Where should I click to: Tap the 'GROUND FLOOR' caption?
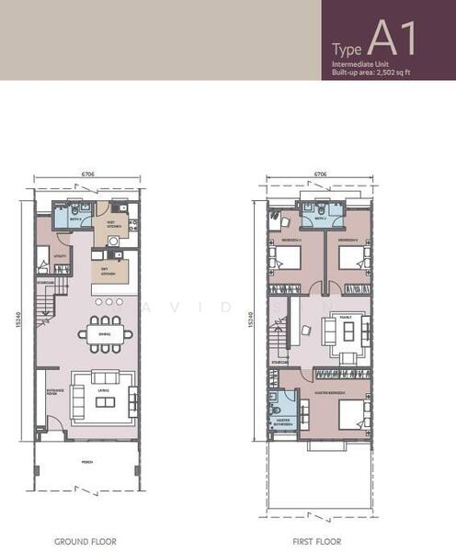85,542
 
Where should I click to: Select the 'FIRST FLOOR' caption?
318,542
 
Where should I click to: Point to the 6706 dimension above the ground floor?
88,172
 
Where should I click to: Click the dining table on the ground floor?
102,334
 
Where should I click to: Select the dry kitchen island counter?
108,272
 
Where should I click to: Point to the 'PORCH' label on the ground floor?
86,462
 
